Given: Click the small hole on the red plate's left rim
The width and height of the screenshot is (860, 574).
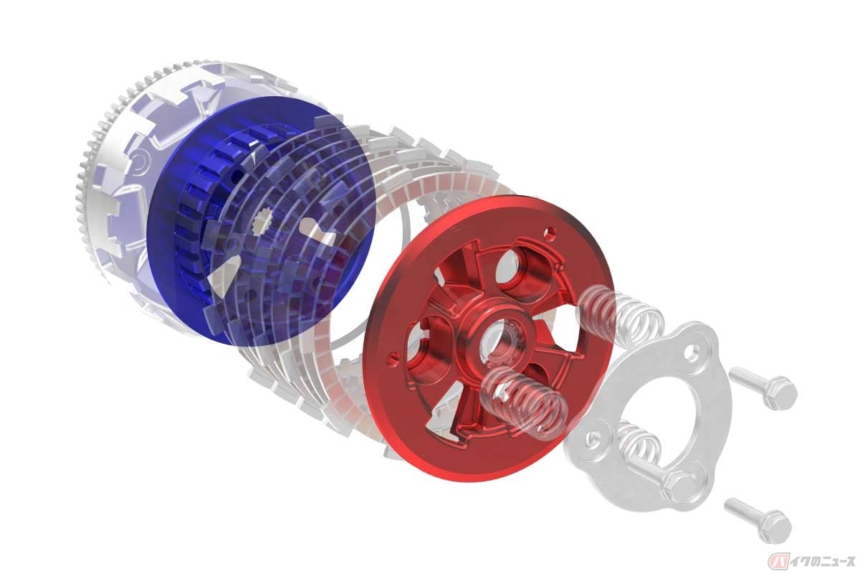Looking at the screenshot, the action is [x=391, y=356].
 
